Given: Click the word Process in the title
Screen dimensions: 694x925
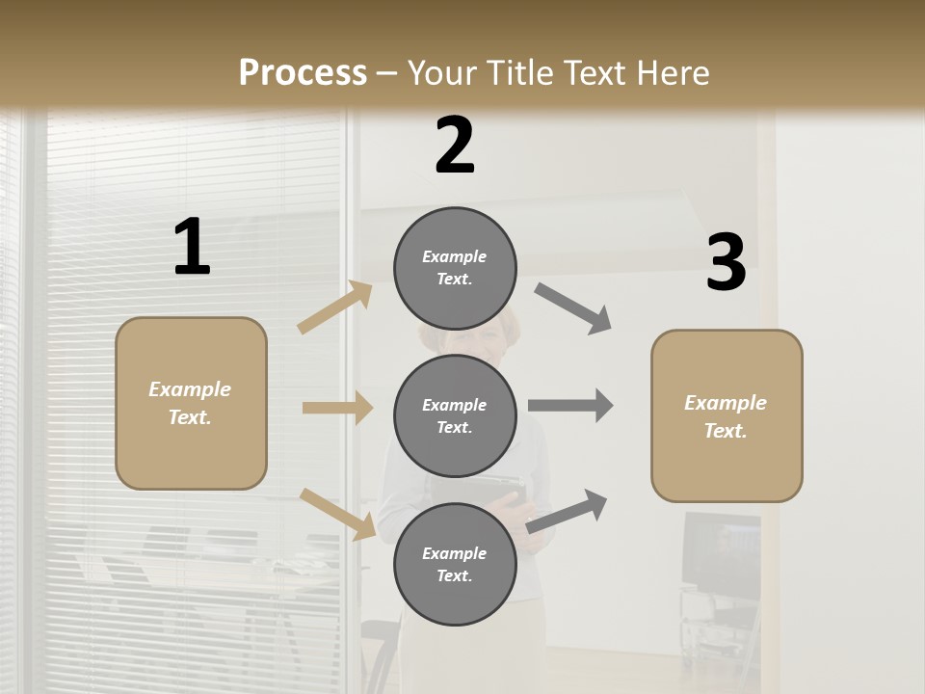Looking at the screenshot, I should pos(303,72).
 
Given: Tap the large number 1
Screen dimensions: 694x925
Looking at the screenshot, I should pos(192,247).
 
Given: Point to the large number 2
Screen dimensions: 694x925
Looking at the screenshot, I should pos(455,146).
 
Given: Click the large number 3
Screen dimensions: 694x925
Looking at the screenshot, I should pos(726,262).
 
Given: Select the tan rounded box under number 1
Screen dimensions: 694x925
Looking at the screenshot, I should pos(191,403).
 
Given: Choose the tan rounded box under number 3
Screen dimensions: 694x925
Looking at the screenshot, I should pos(727,415).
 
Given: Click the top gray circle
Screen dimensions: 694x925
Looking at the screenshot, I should pos(455,268).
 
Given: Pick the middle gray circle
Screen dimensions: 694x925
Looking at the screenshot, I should pos(455,415).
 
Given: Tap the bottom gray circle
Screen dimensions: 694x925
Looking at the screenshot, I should pos(455,564).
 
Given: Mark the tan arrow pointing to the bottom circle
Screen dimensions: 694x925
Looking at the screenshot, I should pos(338,514).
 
